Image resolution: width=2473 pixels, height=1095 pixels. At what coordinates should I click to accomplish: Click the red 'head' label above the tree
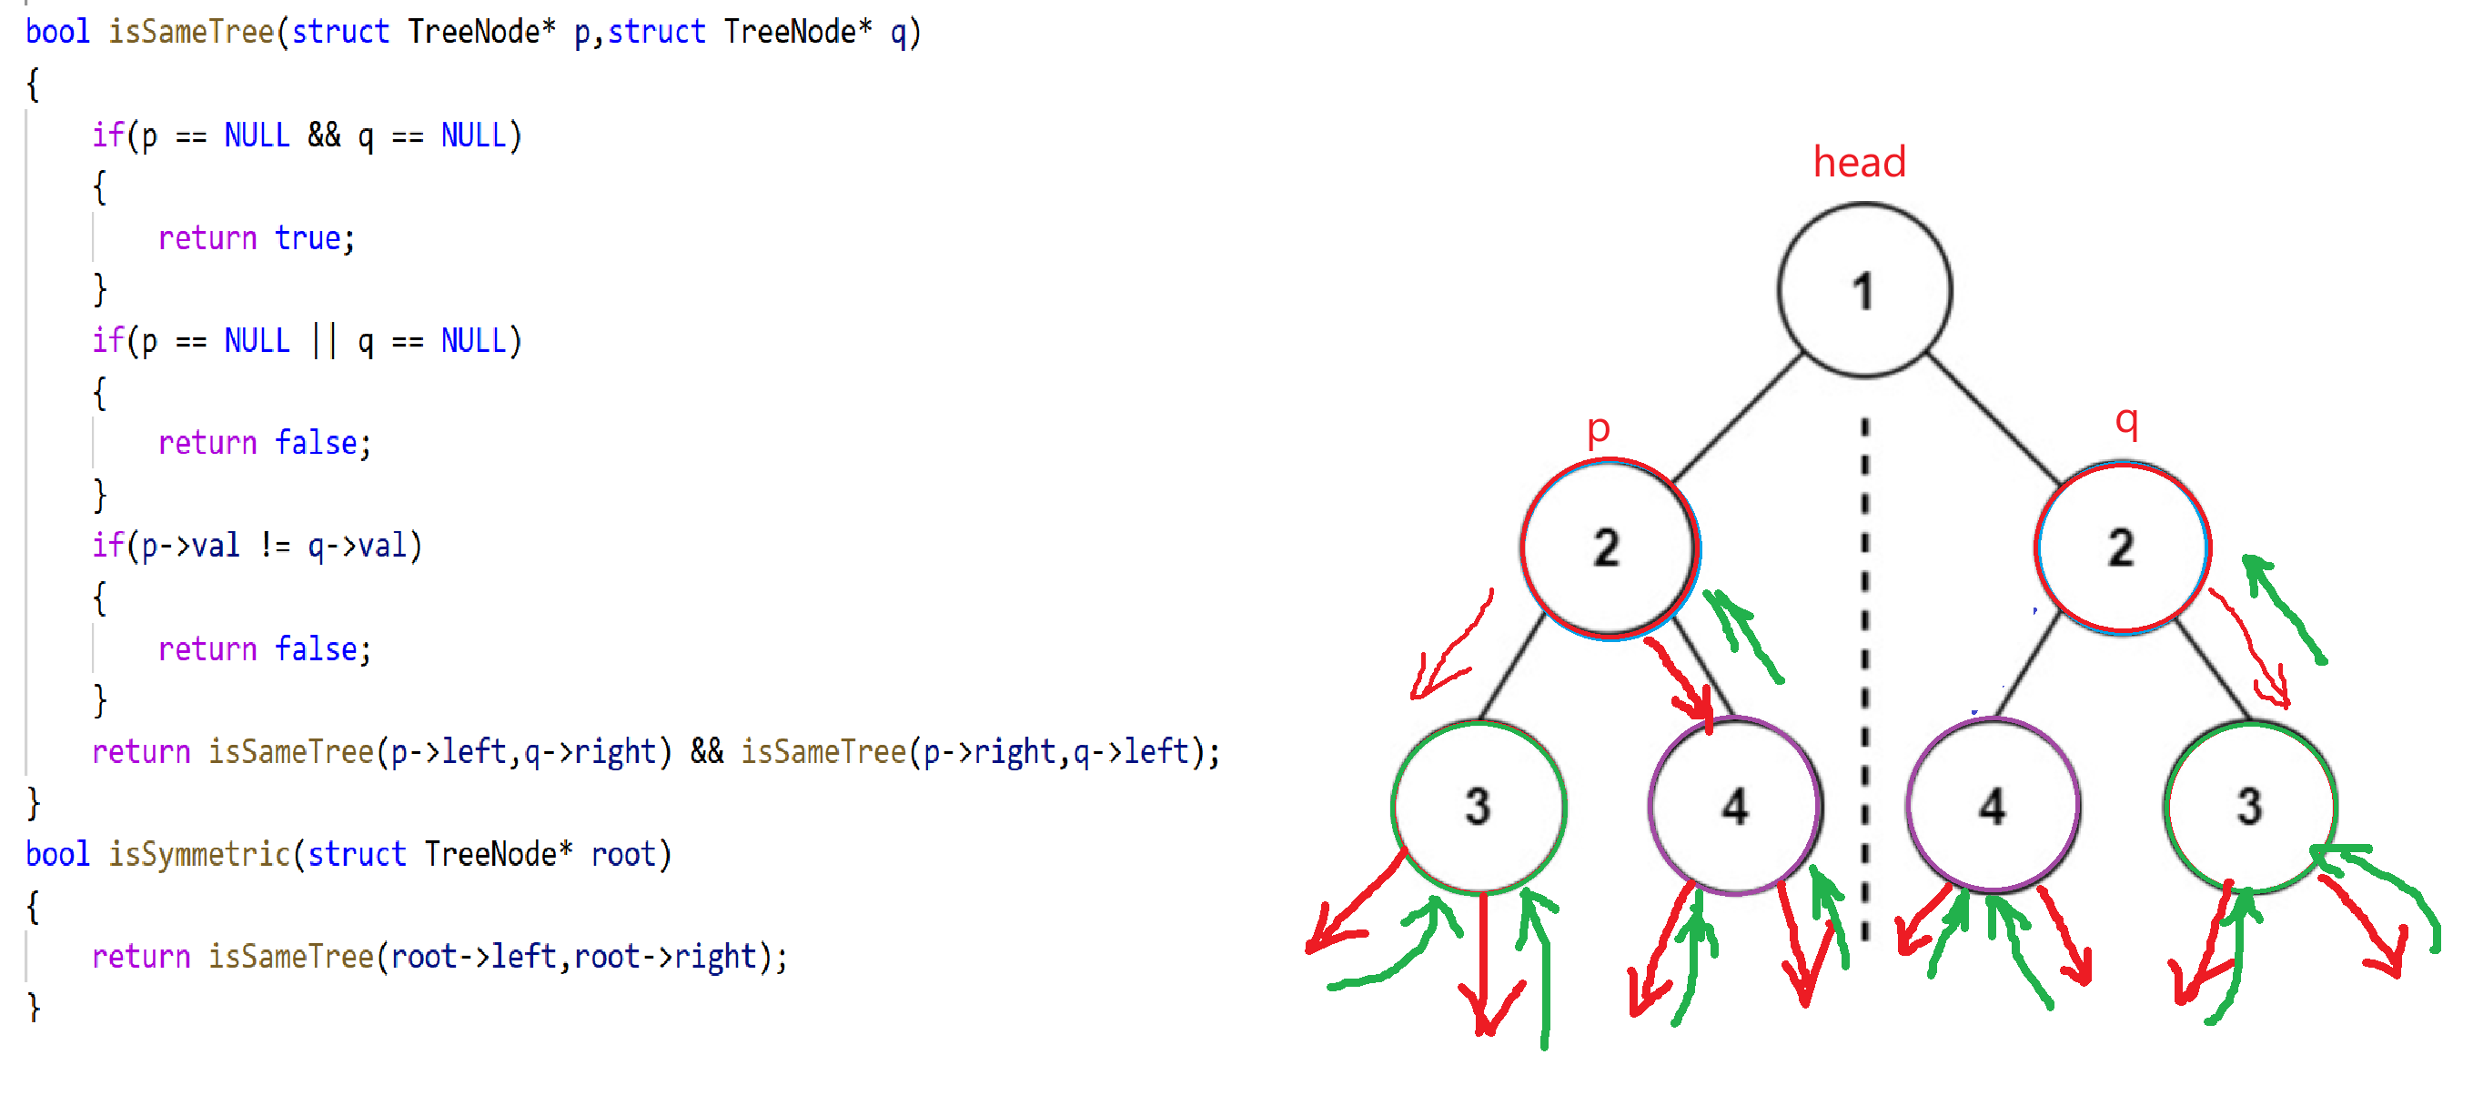1859,162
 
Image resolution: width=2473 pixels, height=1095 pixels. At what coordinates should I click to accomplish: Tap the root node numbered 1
1863,290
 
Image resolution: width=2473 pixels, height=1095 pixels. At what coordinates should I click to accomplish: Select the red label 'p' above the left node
1598,429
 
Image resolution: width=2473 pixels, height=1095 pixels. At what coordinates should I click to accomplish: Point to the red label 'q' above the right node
2126,420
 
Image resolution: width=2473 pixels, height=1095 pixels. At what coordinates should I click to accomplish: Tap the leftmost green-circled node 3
1479,806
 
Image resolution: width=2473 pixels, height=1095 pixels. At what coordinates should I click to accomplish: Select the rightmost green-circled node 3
2249,806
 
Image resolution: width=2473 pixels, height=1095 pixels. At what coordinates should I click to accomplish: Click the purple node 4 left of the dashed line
1735,806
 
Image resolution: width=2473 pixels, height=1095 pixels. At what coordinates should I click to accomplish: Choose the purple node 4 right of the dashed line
1992,806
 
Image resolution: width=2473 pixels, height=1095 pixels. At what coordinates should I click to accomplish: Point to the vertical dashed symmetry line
1864,672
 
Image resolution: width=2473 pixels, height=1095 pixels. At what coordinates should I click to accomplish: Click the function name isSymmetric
198,853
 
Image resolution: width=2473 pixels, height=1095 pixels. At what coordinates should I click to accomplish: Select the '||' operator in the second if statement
325,341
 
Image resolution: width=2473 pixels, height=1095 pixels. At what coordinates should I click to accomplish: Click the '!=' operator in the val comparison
275,546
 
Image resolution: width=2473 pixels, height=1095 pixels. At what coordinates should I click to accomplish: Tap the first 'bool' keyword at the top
56,32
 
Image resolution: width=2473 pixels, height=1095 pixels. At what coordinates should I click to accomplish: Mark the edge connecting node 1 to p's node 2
1737,418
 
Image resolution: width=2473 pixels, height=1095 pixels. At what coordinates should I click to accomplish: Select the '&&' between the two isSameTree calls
707,750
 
